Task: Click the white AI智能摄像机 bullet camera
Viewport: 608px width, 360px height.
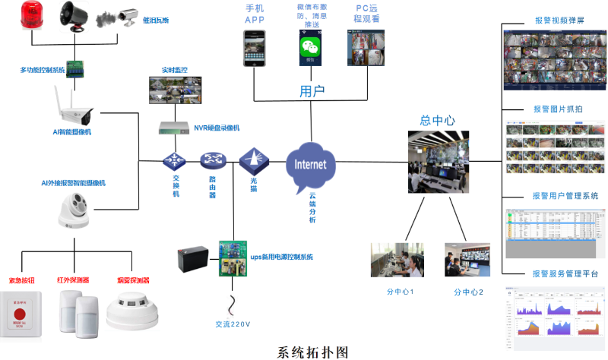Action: [73, 106]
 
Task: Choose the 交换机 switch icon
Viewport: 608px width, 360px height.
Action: [175, 161]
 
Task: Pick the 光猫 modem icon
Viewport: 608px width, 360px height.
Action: [252, 161]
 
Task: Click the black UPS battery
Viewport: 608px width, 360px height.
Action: [195, 261]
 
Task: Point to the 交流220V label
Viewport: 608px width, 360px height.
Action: [228, 324]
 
